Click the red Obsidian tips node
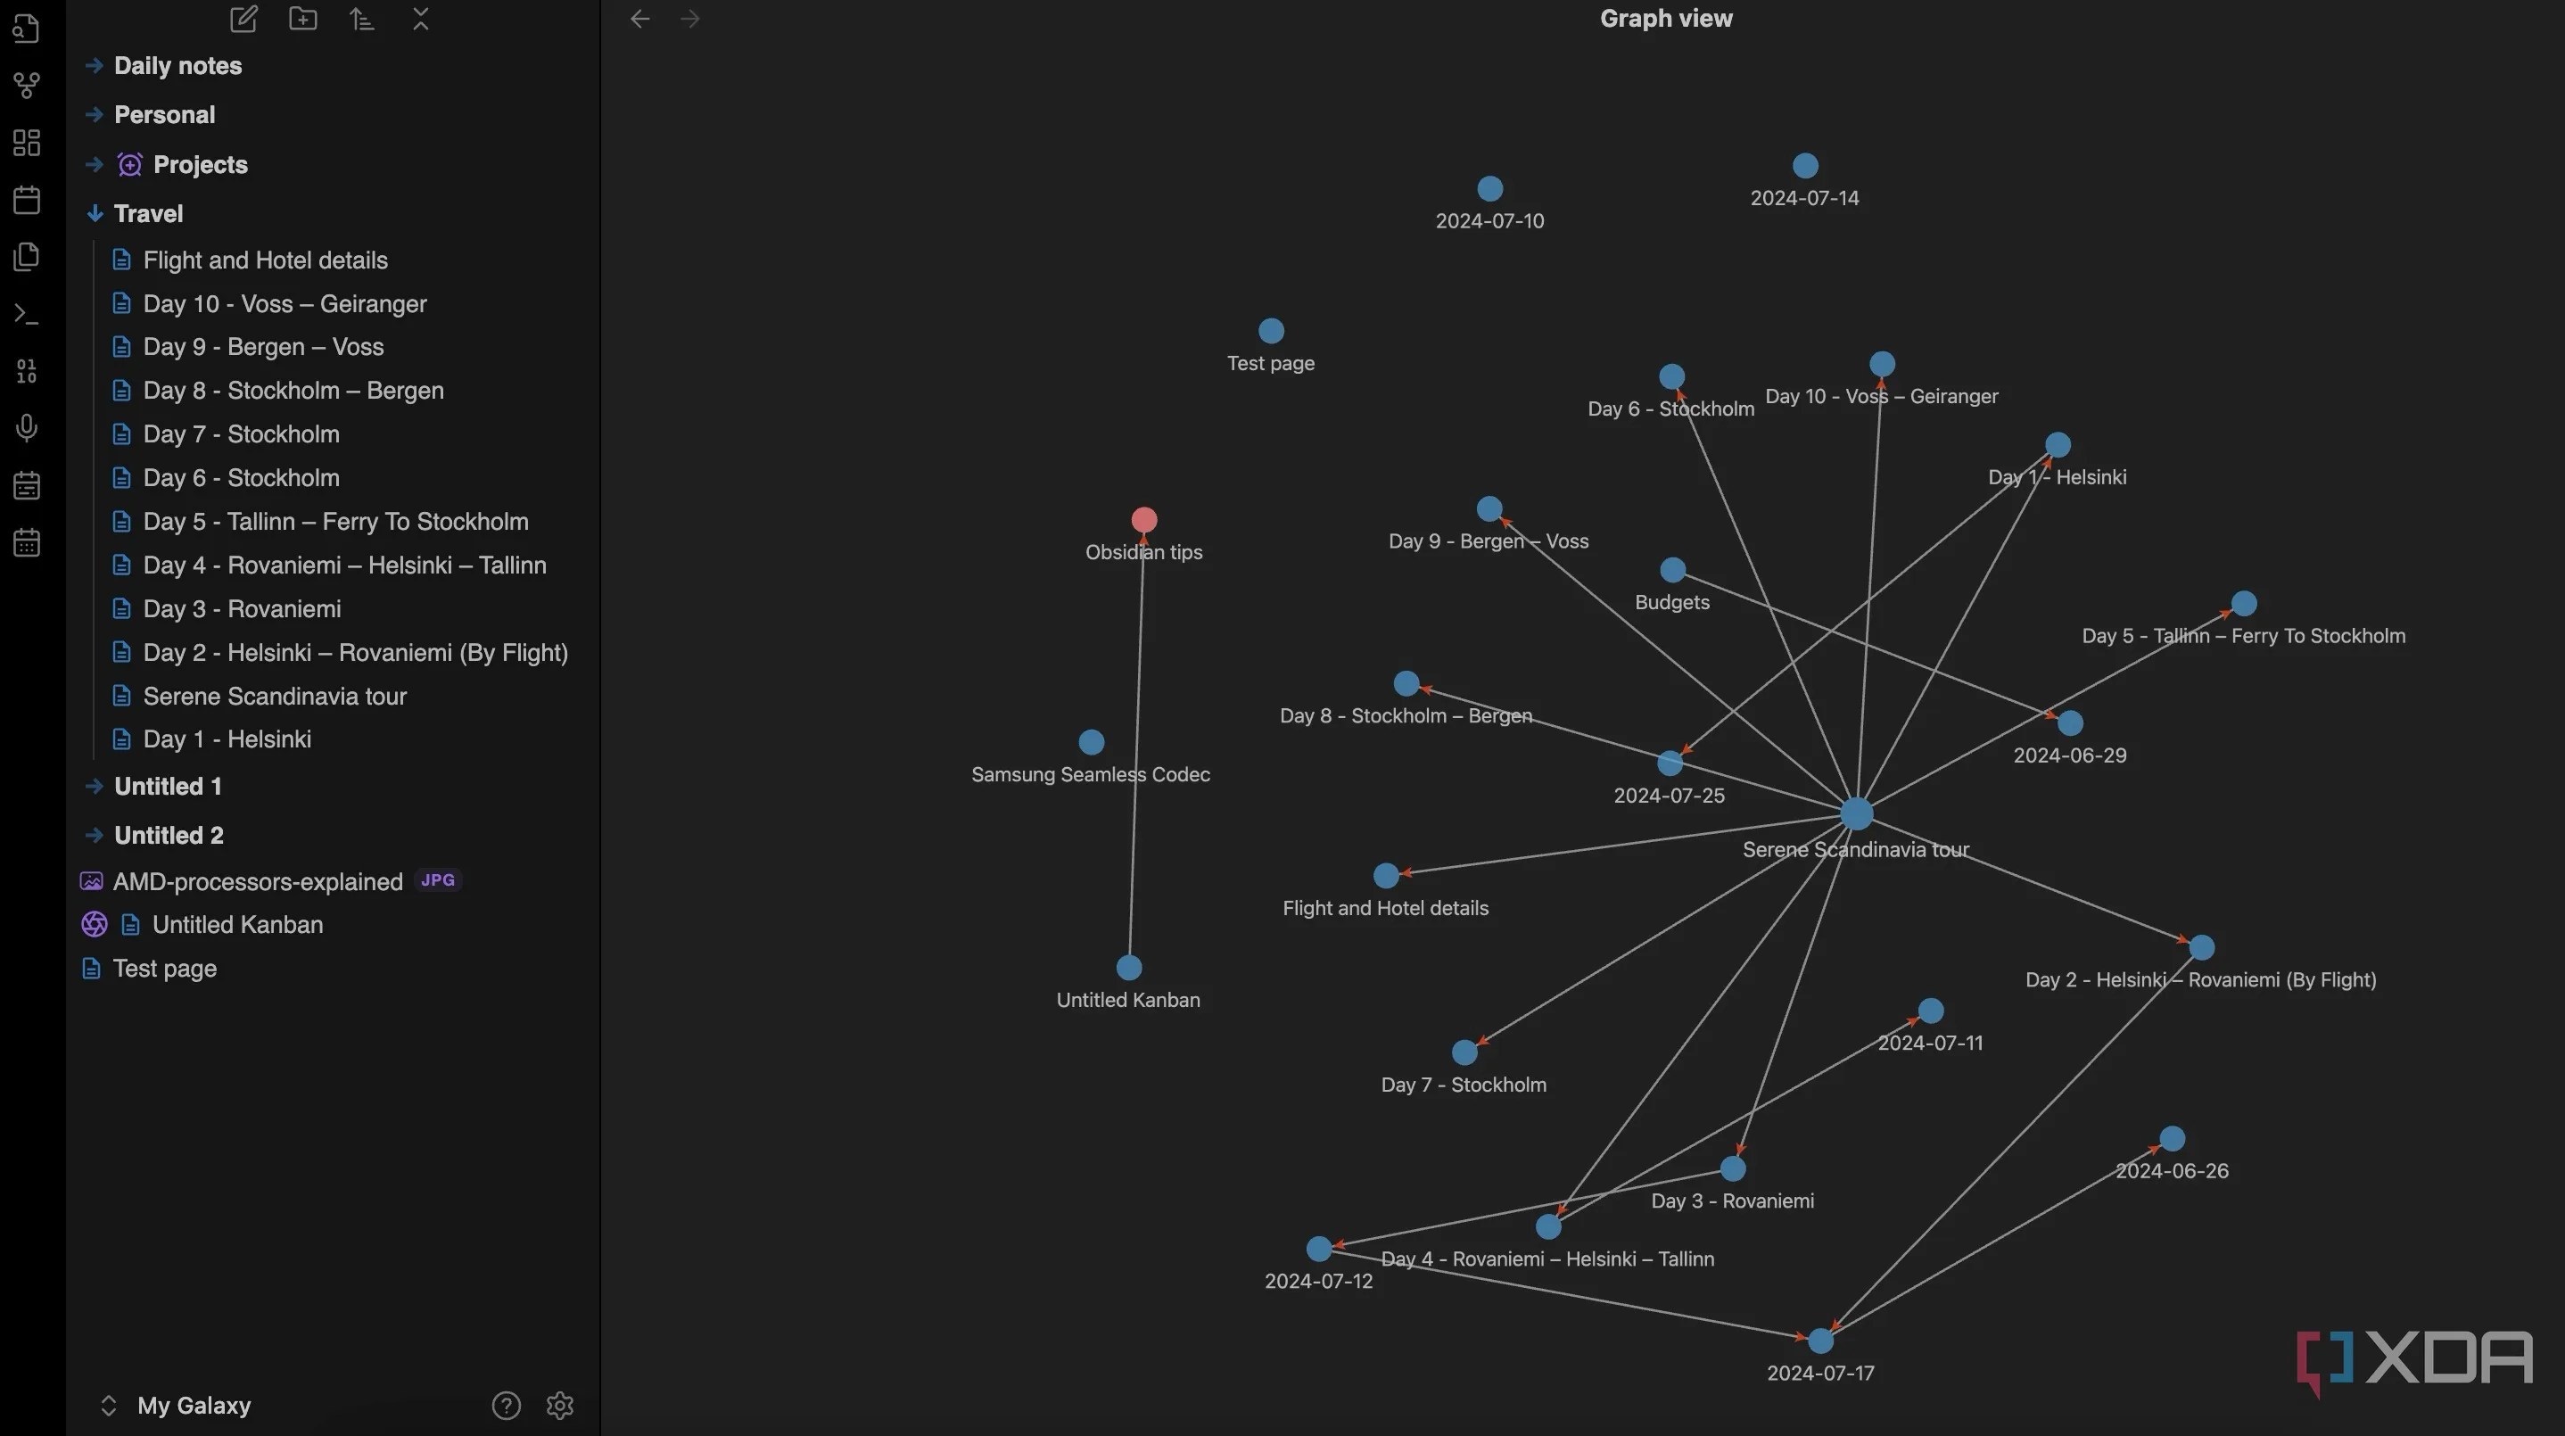click(x=1144, y=520)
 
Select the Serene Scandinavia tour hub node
click(x=1856, y=813)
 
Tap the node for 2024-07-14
click(x=1805, y=165)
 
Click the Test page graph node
click(x=1272, y=331)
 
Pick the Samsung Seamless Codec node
click(x=1092, y=742)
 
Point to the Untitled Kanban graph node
click(x=1129, y=967)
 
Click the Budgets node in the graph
click(x=1673, y=570)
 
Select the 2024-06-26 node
click(x=2172, y=1138)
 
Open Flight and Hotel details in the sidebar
click(x=265, y=260)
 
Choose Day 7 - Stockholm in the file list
click(x=241, y=434)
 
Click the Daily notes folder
click(x=177, y=66)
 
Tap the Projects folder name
click(x=200, y=164)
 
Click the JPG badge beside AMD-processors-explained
click(x=437, y=880)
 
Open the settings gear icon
click(x=559, y=1405)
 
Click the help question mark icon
click(x=506, y=1405)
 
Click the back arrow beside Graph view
click(x=640, y=19)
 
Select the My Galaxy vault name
click(x=194, y=1405)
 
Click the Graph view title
click(x=1666, y=19)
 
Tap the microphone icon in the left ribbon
click(x=27, y=428)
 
